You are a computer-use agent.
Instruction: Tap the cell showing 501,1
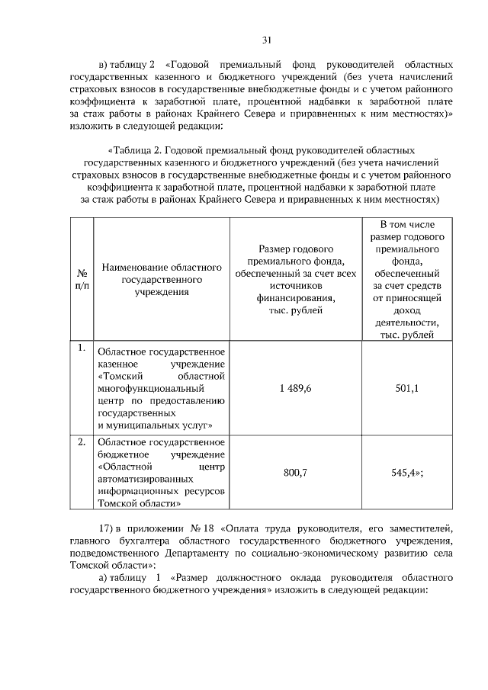(x=408, y=388)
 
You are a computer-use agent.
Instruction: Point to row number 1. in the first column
(x=80, y=349)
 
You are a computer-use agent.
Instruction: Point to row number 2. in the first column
(x=80, y=441)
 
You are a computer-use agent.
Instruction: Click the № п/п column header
(x=80, y=278)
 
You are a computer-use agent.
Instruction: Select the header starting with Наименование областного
(x=161, y=279)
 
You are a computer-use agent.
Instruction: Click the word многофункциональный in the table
(x=142, y=388)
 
